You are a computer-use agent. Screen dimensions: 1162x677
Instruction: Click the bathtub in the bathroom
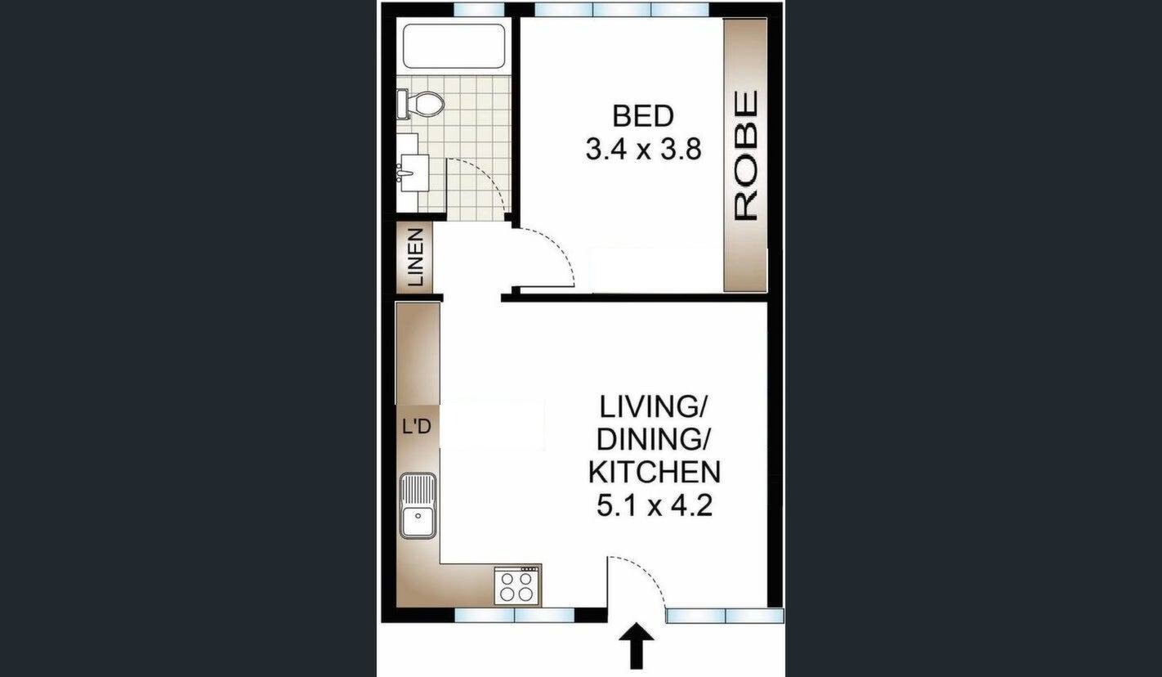click(454, 46)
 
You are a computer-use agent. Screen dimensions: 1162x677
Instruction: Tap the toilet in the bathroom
click(421, 104)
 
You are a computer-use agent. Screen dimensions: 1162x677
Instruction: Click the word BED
click(643, 116)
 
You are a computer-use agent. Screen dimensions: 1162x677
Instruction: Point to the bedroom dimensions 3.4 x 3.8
click(643, 149)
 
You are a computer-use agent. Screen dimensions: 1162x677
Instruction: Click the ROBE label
click(747, 155)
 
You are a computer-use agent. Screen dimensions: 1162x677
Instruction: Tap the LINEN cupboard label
click(415, 258)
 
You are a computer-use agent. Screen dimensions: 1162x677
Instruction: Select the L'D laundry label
click(417, 427)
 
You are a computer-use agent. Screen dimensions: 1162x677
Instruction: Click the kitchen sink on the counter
click(418, 506)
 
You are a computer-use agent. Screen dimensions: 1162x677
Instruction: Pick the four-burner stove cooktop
click(516, 585)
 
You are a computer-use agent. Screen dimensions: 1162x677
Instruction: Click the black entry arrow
click(637, 647)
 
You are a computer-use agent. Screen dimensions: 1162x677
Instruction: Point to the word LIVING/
click(653, 406)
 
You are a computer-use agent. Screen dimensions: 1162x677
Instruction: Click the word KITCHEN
click(655, 472)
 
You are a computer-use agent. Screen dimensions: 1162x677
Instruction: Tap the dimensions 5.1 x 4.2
click(655, 505)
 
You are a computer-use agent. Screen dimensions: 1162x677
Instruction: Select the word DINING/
click(653, 439)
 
